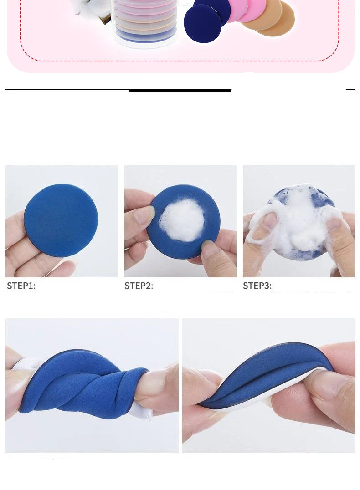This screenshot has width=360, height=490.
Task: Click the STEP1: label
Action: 21,286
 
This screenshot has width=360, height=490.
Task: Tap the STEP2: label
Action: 139,286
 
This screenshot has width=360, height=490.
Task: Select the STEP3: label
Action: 257,286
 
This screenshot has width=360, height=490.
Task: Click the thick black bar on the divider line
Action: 180,90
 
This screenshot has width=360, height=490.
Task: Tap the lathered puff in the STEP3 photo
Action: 298,219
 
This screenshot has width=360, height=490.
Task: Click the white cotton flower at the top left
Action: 91,9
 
